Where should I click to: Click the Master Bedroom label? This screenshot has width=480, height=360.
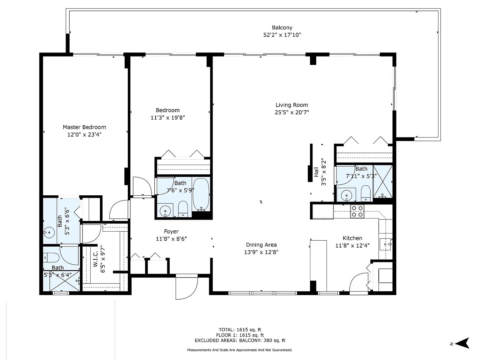(x=84, y=127)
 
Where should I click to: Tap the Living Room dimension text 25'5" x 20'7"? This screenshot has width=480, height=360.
(x=292, y=112)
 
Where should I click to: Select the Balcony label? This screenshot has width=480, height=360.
(x=282, y=27)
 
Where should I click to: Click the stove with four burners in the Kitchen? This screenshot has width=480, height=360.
(x=357, y=211)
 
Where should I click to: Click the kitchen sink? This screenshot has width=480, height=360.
(x=385, y=244)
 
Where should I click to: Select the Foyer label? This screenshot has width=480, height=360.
(x=171, y=232)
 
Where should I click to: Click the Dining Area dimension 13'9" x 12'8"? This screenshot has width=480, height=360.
(x=261, y=252)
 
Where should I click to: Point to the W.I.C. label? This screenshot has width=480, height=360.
(x=95, y=259)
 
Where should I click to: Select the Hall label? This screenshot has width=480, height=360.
(x=316, y=172)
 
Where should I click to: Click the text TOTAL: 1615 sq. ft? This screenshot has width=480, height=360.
(x=240, y=329)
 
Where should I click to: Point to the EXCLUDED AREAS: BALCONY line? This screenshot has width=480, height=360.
(x=240, y=341)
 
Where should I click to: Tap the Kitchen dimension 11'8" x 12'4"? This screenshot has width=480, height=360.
(x=352, y=246)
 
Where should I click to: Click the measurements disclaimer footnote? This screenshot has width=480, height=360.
(x=240, y=350)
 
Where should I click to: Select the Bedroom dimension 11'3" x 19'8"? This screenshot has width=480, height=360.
(x=167, y=118)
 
